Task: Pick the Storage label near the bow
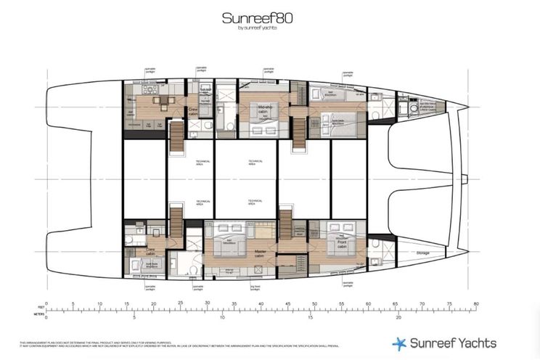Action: click(423, 253)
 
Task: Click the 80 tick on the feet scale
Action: click(476, 304)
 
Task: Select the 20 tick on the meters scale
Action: click(398, 316)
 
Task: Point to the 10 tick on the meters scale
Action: click(222, 316)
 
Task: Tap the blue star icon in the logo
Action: click(399, 343)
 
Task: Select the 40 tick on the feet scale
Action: click(261, 304)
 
